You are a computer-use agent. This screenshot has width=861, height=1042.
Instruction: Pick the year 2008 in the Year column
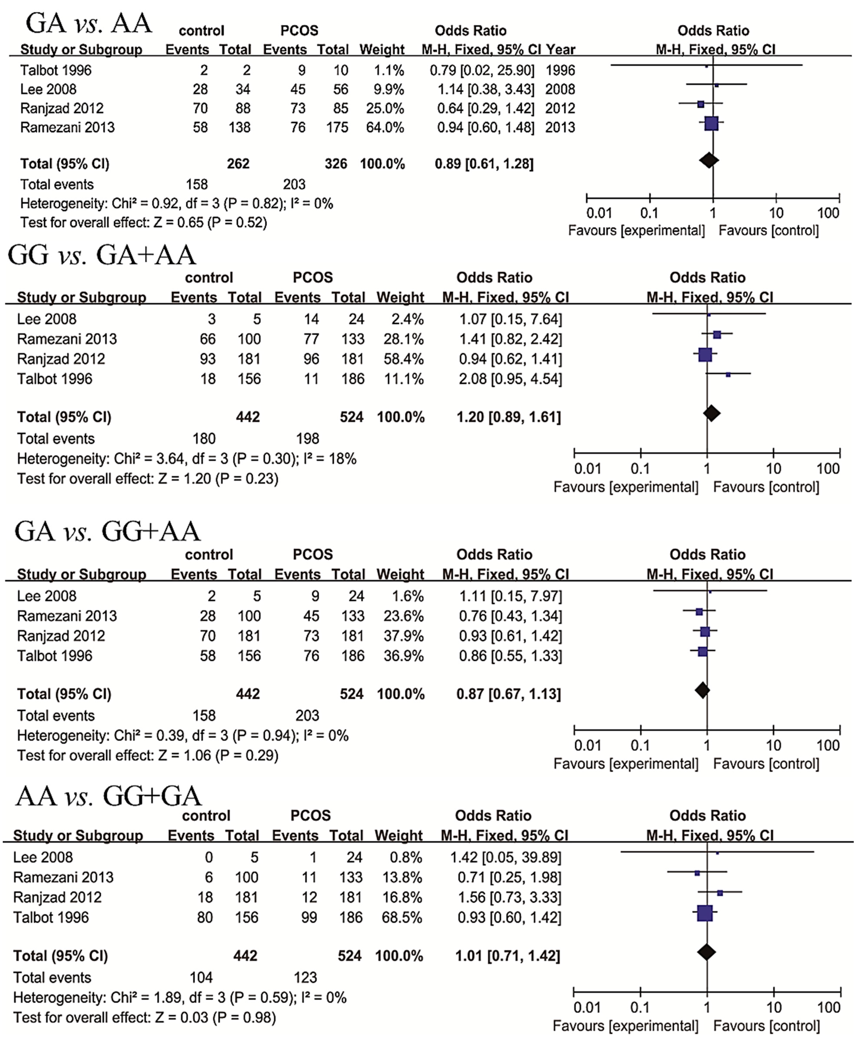[x=560, y=89]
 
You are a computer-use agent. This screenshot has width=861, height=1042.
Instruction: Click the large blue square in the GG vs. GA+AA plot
[x=705, y=355]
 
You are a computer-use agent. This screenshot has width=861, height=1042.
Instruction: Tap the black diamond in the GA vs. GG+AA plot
[x=702, y=690]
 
